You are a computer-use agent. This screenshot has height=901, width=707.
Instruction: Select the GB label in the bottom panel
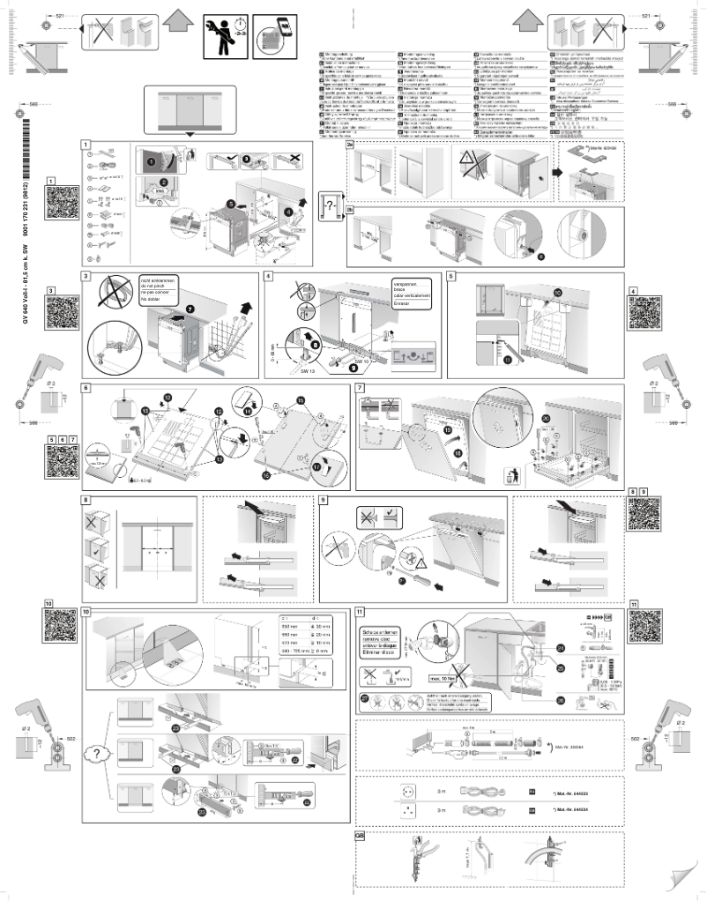click(360, 835)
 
